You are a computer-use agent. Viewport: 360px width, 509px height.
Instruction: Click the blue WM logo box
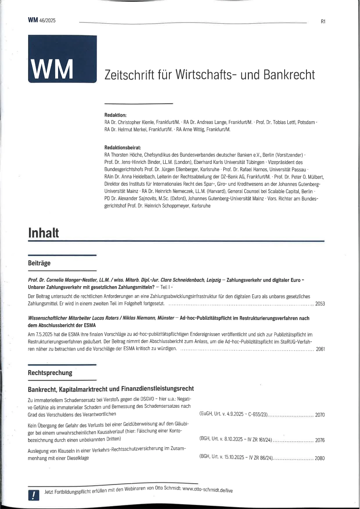pyautogui.click(x=62, y=59)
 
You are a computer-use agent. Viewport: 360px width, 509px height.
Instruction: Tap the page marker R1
pyautogui.click(x=323, y=21)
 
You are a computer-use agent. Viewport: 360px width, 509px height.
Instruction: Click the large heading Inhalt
pyautogui.click(x=44, y=233)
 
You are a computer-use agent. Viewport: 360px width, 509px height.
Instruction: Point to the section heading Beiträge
pyautogui.click(x=39, y=263)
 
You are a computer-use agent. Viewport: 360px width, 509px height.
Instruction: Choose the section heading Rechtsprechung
pyautogui.click(x=50, y=373)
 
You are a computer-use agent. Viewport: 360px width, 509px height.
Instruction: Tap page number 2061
pyautogui.click(x=320, y=349)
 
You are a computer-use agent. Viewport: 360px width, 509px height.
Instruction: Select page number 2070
pyautogui.click(x=320, y=415)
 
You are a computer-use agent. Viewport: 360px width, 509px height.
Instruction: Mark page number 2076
pyautogui.click(x=320, y=440)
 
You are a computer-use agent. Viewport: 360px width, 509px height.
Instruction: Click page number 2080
pyautogui.click(x=320, y=458)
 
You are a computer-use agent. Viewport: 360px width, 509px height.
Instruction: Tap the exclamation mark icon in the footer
pyautogui.click(x=34, y=494)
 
